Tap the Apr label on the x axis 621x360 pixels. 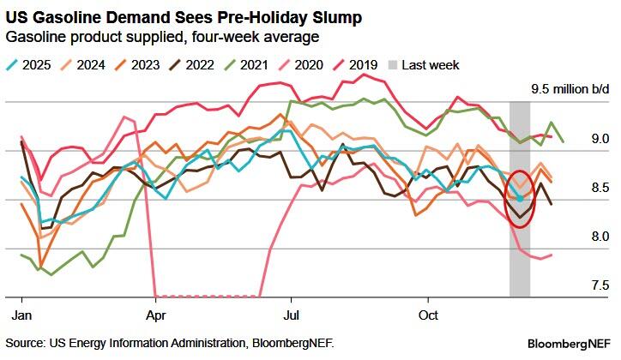pos(155,315)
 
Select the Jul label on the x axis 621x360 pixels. pos(291,315)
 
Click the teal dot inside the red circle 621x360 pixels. pos(519,199)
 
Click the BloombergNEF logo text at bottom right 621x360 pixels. pos(571,343)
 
